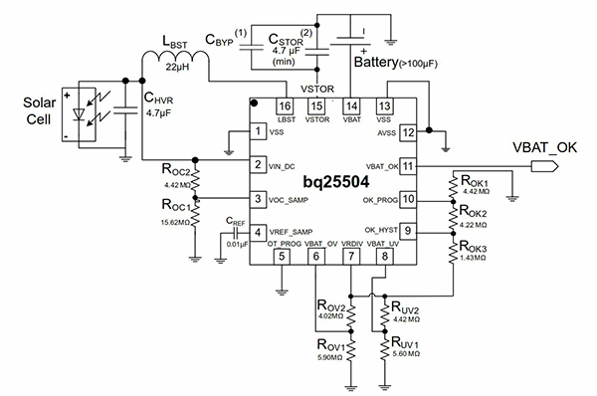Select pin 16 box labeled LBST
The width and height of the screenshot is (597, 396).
(285, 105)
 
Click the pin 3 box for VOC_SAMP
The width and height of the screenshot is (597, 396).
(258, 200)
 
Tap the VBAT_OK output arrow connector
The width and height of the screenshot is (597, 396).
(542, 166)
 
